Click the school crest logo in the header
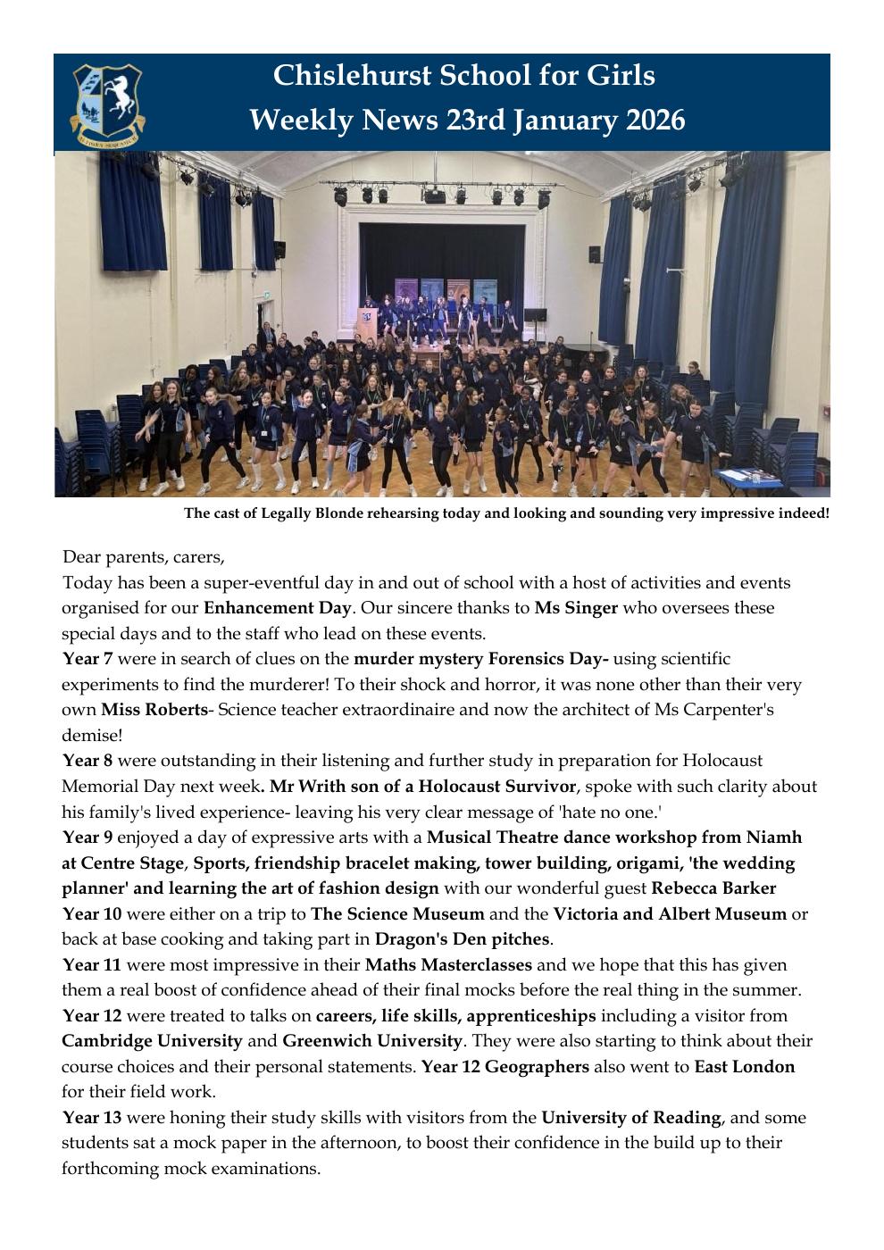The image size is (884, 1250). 107,102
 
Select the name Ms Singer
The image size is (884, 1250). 576,608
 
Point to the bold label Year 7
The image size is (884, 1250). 88,659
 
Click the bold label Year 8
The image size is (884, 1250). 88,761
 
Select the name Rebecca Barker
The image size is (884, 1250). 713,888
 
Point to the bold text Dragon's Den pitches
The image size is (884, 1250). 462,939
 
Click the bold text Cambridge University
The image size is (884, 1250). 152,1041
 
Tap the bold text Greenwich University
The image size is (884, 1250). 372,1041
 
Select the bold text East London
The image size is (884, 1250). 744,1066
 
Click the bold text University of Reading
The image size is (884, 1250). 630,1117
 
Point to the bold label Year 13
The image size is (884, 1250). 91,1117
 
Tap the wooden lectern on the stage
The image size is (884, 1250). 366,322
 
